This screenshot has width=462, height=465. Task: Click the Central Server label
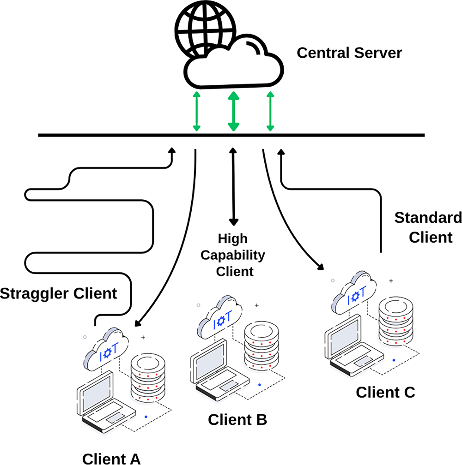tap(349, 53)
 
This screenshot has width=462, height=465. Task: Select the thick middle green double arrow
tap(234, 111)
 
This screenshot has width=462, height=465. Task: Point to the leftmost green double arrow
tap(196, 111)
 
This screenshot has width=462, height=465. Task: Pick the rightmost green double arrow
tap(270, 111)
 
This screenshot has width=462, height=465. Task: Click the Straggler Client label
tap(58, 293)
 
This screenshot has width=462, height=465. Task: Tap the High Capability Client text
tap(233, 255)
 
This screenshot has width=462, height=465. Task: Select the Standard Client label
tap(428, 227)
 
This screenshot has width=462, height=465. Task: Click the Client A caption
tap(111, 459)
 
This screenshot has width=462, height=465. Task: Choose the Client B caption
tap(237, 420)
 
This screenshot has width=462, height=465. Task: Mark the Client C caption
tap(385, 392)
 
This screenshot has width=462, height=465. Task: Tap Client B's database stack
tap(261, 346)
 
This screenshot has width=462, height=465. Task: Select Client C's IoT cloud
tap(354, 292)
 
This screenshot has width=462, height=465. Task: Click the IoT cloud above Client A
tap(106, 349)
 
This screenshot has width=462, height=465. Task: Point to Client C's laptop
tap(353, 346)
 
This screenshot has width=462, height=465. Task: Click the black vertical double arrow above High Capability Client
tap(233, 187)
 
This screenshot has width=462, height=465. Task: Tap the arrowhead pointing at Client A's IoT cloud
tap(138, 323)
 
